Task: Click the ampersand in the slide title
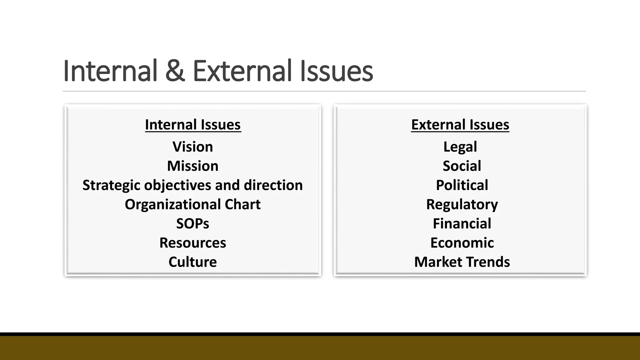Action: click(x=175, y=71)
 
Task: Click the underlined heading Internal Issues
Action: click(x=193, y=125)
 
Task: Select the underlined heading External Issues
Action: click(x=460, y=125)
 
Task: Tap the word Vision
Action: click(x=193, y=147)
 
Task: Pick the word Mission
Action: click(x=193, y=166)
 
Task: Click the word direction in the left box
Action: click(x=273, y=185)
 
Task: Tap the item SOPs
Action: click(x=193, y=224)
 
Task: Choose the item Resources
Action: click(x=193, y=243)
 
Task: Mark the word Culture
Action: click(x=193, y=262)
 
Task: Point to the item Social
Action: click(x=462, y=166)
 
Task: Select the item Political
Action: click(x=462, y=185)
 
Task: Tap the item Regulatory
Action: click(x=462, y=205)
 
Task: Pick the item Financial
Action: click(x=462, y=224)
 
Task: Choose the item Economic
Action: click(x=462, y=243)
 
